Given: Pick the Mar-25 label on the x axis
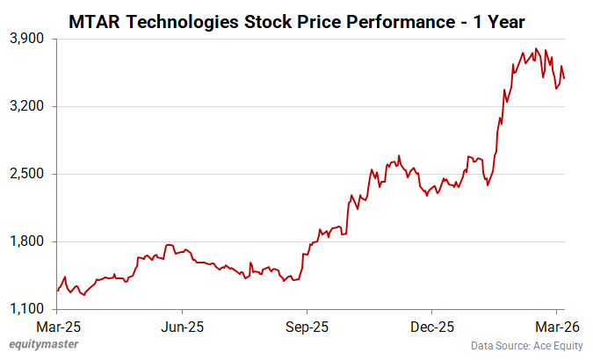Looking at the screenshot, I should [57, 327].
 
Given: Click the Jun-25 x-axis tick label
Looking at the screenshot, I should [182, 327].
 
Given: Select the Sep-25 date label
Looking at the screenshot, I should [307, 327].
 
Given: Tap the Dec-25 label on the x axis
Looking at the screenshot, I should [431, 327].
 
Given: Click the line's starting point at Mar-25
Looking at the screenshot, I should [58, 290].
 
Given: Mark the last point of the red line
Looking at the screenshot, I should [563, 79].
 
